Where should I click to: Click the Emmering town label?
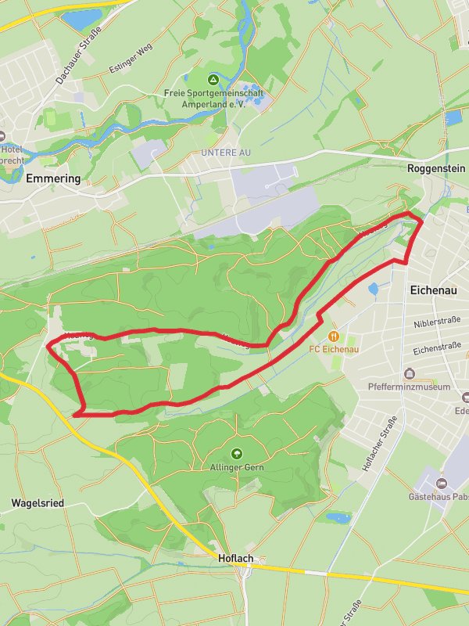[53, 178]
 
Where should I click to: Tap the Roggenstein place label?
[436, 168]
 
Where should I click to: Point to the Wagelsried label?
[38, 502]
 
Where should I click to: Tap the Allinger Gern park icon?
[237, 453]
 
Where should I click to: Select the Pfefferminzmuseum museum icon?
[410, 373]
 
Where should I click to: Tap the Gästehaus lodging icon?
[442, 484]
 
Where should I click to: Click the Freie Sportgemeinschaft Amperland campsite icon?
[213, 80]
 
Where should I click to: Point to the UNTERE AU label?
[225, 153]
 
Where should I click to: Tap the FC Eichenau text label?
[334, 349]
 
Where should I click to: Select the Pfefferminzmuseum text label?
[410, 387]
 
